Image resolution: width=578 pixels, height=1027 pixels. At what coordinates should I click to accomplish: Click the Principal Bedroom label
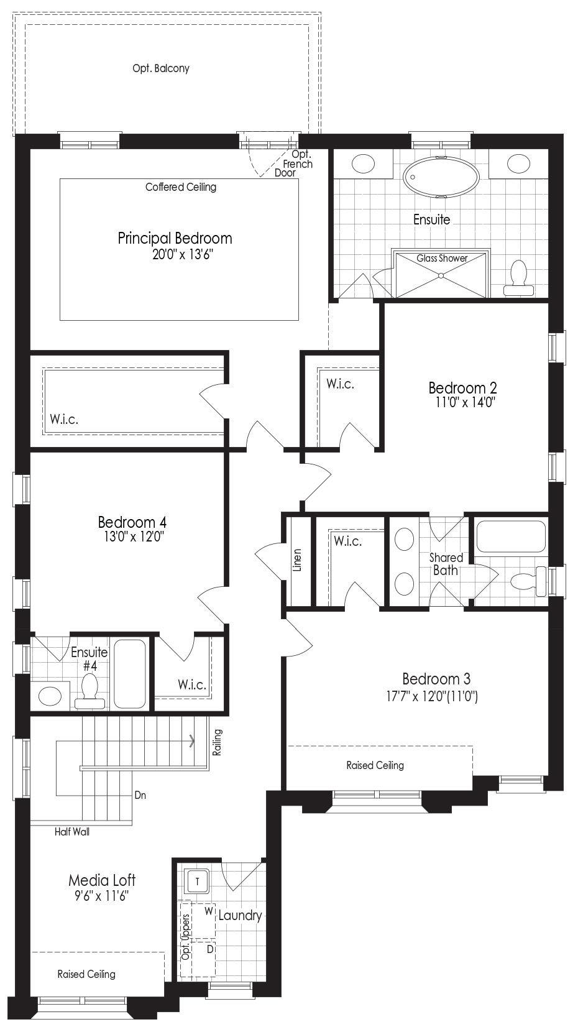pos(175,239)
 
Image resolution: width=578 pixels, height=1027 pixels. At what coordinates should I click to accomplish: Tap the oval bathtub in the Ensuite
pos(441,177)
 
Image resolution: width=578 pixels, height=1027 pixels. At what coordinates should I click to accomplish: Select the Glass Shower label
pos(442,258)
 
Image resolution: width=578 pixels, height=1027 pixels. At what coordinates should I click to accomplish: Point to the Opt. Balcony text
pos(161,69)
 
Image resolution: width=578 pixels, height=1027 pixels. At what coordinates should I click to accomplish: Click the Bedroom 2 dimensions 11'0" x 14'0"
pos(466,402)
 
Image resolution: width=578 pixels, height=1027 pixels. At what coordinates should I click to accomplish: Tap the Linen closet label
pos(298,560)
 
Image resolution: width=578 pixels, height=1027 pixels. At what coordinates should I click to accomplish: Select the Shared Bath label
pos(446,564)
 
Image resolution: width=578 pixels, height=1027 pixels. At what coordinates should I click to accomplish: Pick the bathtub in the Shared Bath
pos(511,537)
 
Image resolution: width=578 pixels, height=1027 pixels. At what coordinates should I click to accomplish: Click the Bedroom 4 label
pos(132,522)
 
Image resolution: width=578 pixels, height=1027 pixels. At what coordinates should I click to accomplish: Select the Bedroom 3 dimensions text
pos(432,697)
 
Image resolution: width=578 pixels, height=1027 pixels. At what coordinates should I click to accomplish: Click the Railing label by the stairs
pos(218,742)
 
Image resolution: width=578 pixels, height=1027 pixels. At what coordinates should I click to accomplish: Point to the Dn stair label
pos(140,795)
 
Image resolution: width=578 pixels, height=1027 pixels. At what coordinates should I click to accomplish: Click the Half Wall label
pos(72,832)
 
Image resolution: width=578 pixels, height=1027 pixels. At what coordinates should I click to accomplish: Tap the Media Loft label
pos(102,880)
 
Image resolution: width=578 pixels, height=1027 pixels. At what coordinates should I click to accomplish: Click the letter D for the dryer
pos(210,949)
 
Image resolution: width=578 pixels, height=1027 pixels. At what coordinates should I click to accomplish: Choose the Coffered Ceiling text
pos(181,187)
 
